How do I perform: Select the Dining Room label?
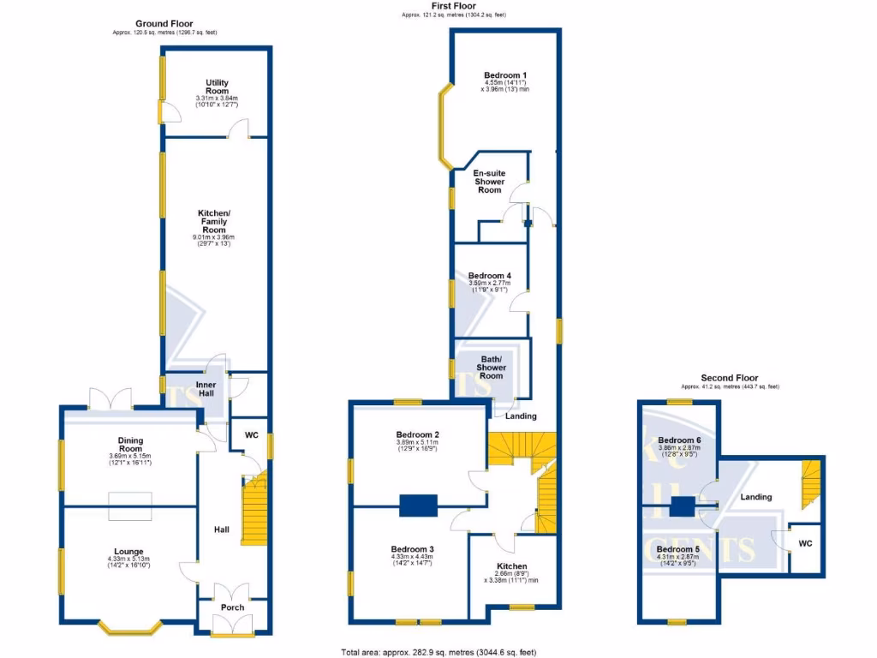coord(130,444)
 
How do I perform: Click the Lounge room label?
coord(130,552)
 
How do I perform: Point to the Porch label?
coord(232,607)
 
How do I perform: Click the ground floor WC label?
coord(252,434)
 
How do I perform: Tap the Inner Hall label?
coord(212,390)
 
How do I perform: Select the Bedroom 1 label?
coord(505,75)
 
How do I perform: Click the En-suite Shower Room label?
coord(490,182)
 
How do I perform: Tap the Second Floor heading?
coord(729,378)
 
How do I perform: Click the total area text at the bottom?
coord(438,651)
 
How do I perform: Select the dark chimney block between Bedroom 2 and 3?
coord(418,505)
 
